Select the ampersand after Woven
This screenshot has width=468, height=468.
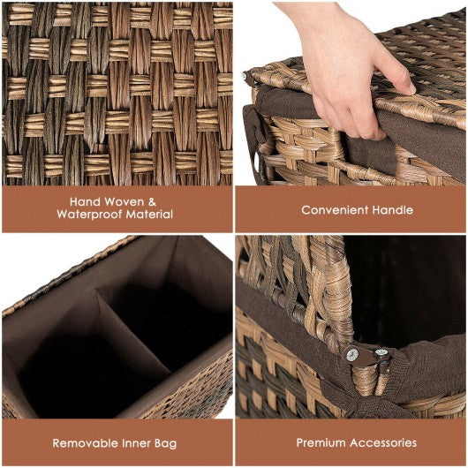click(152, 202)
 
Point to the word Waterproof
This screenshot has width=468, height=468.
click(89, 215)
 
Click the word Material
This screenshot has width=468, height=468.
click(149, 215)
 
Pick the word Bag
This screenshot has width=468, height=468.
click(166, 443)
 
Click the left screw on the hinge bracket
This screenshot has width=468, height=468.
click(352, 355)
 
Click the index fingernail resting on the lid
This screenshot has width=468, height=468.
click(411, 88)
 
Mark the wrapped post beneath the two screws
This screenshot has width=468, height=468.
click(366, 379)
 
